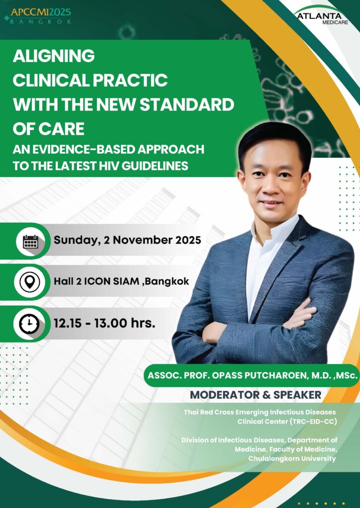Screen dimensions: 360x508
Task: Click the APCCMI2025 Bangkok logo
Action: coord(38,16)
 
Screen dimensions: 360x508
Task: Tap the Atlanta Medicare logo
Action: coord(321,15)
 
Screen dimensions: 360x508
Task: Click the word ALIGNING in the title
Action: coord(54,56)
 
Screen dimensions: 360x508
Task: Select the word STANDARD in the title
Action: coord(187,104)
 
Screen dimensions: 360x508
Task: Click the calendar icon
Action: coord(31,242)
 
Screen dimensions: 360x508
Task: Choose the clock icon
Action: coord(29,324)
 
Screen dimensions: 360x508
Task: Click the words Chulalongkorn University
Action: coord(292,458)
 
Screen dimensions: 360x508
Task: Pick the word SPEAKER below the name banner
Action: coord(297,395)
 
